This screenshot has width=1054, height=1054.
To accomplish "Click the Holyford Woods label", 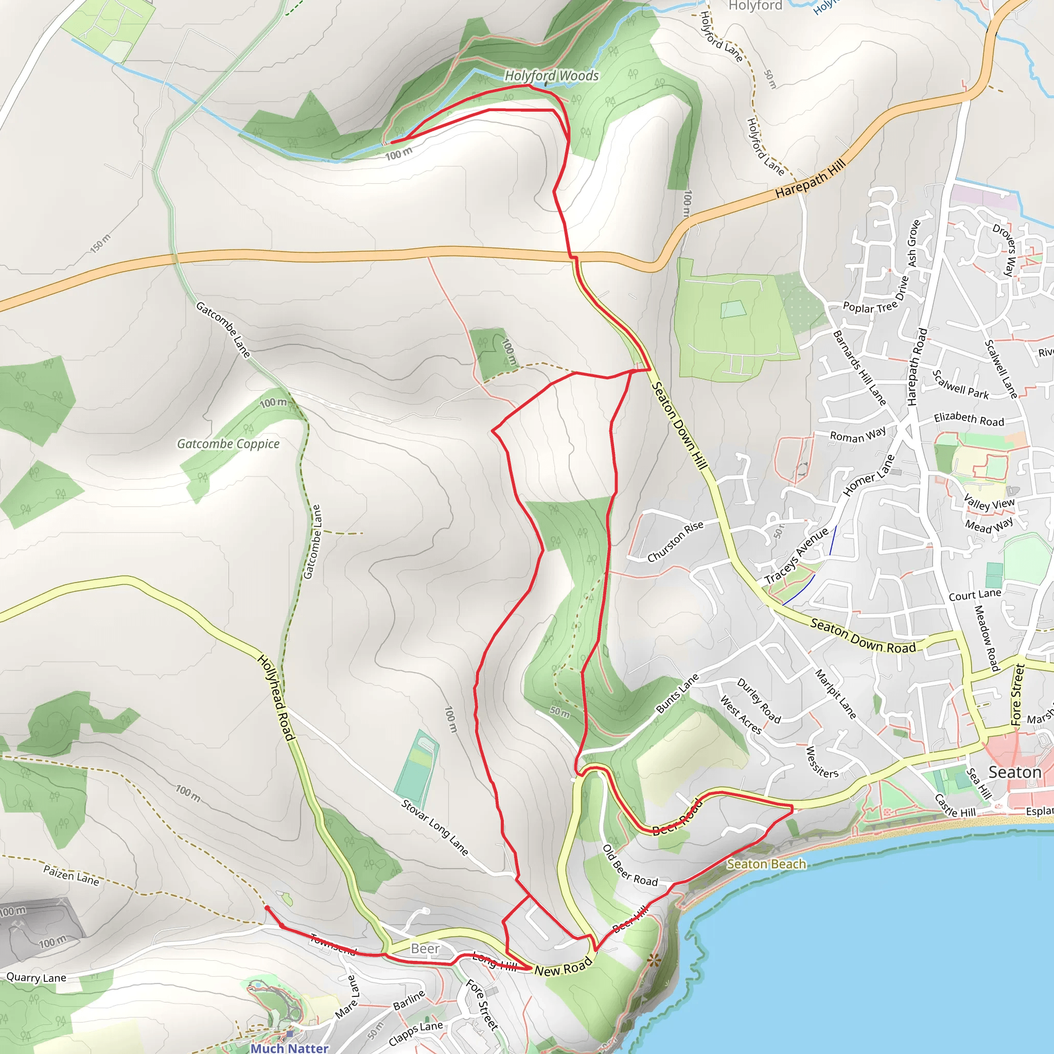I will point(551,76).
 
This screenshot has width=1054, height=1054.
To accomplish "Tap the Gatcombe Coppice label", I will point(228,444).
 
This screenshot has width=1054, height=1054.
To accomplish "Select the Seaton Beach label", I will point(766,864).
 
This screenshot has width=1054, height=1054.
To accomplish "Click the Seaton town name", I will point(1015,772).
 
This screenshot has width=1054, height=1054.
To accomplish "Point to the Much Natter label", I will point(289,1048).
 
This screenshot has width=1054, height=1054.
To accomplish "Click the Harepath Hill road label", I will point(810,179).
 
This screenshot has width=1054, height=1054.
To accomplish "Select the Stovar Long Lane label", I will point(435,827).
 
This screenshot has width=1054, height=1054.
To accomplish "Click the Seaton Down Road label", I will point(863,636).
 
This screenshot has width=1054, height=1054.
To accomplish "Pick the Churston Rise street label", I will point(675,541).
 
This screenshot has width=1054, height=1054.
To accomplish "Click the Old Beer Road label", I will point(629,865).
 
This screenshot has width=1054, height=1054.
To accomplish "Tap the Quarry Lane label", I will point(36,977).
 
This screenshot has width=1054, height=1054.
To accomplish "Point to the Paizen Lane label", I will point(72,875).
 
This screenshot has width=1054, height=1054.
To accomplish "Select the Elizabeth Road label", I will point(969,419).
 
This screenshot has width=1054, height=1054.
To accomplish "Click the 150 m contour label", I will point(100,243).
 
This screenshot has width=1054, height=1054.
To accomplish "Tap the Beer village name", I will point(425,948).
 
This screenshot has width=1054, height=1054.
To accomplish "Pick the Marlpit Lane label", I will point(835,693).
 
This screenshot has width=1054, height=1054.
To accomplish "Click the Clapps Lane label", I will point(416,1033).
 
